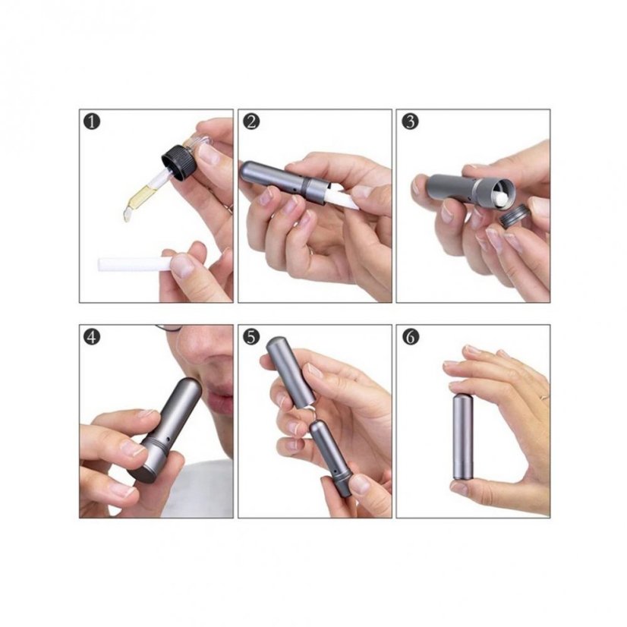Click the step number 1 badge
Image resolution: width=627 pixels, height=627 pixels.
tap(92, 121)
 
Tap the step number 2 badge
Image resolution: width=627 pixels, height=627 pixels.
tap(251, 121)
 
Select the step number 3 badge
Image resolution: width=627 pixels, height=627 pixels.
tap(410, 121)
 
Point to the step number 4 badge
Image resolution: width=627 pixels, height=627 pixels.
tap(92, 337)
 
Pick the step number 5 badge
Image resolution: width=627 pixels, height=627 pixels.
tap(251, 337)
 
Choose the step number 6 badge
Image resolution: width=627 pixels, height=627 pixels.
tap(410, 337)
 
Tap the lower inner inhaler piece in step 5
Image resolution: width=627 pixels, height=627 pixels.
tap(331, 457)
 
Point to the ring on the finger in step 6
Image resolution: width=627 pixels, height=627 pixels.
tap(544, 397)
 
